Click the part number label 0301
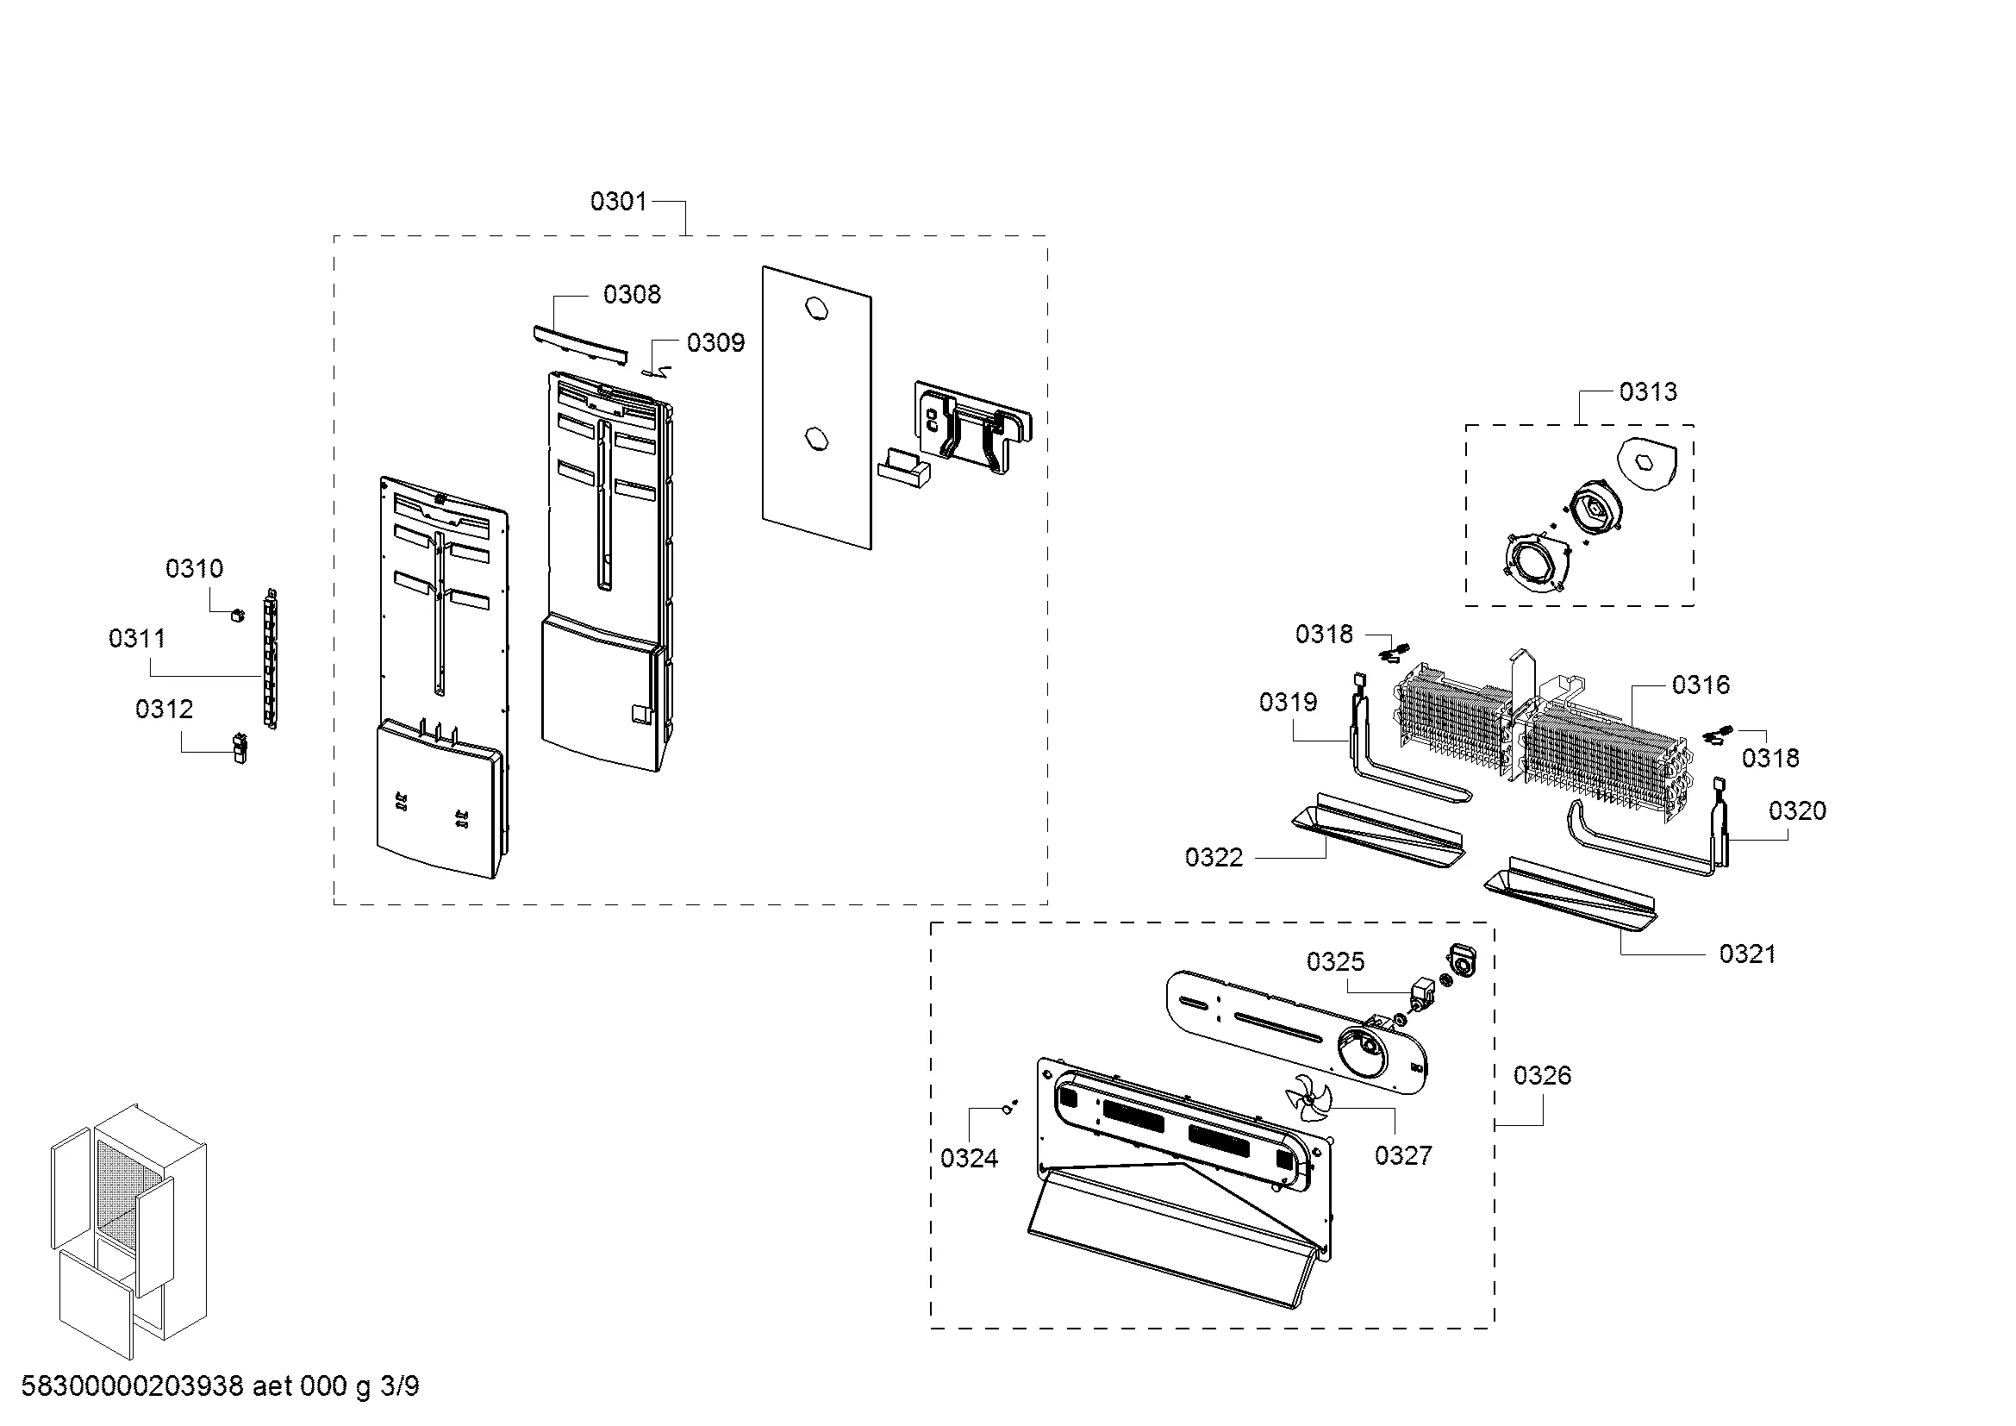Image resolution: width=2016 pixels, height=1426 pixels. (618, 202)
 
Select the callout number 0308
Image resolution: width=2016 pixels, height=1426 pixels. (632, 294)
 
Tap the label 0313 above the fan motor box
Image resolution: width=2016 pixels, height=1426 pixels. (1648, 391)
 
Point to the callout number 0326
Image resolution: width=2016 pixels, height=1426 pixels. (1543, 1075)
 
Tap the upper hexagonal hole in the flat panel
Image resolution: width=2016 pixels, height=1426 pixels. (815, 310)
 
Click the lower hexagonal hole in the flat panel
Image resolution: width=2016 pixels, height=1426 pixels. (815, 437)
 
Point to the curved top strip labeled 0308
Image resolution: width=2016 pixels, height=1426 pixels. (580, 343)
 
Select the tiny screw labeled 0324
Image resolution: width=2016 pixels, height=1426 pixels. (1010, 1109)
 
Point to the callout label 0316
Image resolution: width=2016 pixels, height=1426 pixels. (1701, 685)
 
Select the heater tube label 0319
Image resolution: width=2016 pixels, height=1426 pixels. (1288, 703)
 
